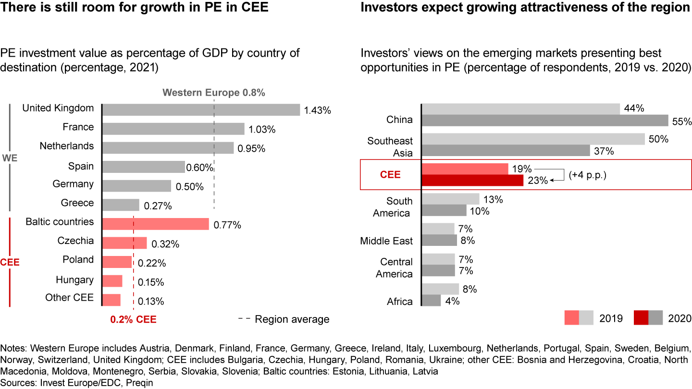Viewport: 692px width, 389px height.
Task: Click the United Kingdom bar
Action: click(x=201, y=110)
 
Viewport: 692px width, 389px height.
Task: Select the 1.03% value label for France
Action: click(x=262, y=130)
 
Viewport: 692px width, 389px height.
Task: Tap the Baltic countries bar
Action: click(x=156, y=224)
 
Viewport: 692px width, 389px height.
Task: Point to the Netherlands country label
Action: click(x=67, y=146)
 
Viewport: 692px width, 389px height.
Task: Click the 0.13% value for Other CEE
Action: click(x=151, y=302)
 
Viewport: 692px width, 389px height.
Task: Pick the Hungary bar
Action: click(x=112, y=281)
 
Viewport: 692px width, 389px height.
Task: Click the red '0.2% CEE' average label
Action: click(x=134, y=319)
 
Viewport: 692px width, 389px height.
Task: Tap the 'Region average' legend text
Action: click(x=292, y=319)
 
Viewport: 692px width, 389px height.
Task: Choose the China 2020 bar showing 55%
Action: click(x=545, y=121)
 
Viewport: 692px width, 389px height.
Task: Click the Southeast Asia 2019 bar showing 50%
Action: click(x=533, y=139)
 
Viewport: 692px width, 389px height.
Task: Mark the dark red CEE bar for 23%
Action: click(x=472, y=180)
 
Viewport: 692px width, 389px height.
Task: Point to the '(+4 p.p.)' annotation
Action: click(x=587, y=175)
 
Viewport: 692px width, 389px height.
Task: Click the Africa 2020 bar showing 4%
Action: click(x=432, y=301)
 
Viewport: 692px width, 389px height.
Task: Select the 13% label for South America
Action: click(x=494, y=199)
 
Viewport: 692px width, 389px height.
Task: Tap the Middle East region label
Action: click(x=386, y=241)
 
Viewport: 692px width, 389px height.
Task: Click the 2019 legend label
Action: click(x=611, y=318)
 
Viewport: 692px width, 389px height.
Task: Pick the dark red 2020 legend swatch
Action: click(x=641, y=318)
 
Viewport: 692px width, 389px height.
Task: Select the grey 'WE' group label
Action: click(x=10, y=158)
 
